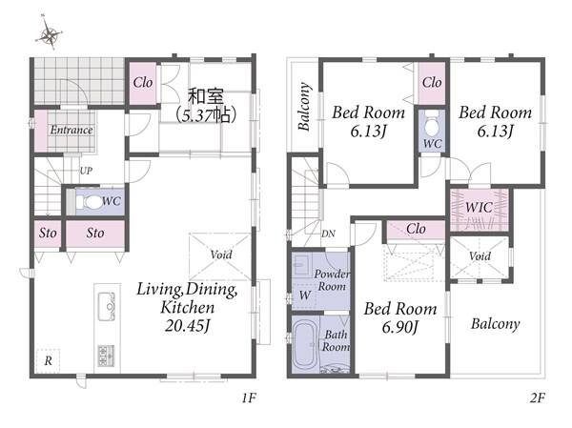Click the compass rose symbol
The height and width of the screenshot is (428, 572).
(49, 32)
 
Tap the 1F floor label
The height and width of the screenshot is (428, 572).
(249, 397)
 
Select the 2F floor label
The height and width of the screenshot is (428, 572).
(538, 397)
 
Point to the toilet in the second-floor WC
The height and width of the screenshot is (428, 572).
(433, 124)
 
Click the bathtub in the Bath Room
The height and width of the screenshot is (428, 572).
(305, 345)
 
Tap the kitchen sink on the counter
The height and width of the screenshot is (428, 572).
(107, 306)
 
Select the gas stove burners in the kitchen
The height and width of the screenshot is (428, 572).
(106, 356)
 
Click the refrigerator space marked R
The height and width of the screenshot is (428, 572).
(49, 361)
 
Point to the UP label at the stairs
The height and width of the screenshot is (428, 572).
(86, 171)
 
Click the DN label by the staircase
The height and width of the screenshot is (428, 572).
(328, 234)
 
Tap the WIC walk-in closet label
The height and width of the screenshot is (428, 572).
(479, 208)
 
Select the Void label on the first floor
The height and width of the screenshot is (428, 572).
(221, 254)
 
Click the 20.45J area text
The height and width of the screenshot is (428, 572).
(188, 325)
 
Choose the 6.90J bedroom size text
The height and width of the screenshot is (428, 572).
(399, 327)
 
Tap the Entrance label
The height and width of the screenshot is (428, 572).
(71, 130)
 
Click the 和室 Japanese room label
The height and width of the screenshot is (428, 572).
(206, 96)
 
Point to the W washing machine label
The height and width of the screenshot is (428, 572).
(305, 295)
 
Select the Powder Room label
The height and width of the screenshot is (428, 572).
(332, 280)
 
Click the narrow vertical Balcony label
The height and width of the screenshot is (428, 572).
(304, 107)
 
